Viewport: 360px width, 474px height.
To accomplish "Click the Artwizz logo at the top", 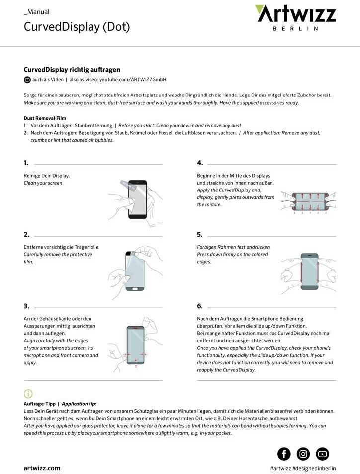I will [295, 14].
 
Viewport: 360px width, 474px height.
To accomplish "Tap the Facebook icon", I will [284, 453].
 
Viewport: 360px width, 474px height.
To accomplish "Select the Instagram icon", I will [303, 453].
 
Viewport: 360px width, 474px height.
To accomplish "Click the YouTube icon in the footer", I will [322, 453].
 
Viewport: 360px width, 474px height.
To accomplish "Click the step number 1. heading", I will [26, 163].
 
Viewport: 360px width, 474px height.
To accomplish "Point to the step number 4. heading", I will [200, 163].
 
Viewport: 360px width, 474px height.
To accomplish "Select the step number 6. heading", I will [200, 306].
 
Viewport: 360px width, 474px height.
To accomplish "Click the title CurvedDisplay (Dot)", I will [77, 27].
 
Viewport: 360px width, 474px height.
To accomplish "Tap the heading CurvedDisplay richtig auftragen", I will [72, 70].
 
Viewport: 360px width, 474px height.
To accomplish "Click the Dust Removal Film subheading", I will [45, 118].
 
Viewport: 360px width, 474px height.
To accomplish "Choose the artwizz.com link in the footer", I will [42, 468].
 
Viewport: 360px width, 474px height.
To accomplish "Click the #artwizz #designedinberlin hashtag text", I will [303, 468].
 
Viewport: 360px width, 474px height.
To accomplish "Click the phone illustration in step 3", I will [136, 346].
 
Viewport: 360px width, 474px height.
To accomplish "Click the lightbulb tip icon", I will [28, 394].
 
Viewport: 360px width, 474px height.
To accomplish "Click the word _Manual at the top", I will [37, 12].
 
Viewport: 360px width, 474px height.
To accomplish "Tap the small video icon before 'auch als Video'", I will [27, 80].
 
